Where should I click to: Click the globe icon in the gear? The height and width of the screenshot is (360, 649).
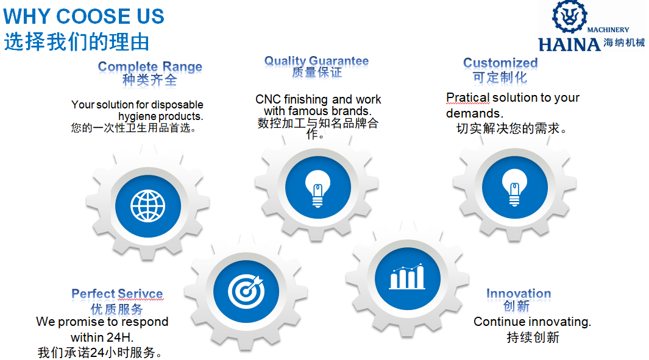point(147,206)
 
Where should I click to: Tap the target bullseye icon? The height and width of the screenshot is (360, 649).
point(246,291)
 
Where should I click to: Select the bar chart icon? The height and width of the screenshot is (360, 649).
point(407,277)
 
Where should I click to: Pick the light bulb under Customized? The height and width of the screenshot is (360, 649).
point(514,188)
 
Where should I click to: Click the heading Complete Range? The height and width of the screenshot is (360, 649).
point(150,66)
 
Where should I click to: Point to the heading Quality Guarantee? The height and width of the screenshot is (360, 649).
point(317,61)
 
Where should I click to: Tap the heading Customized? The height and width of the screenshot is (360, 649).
point(500,63)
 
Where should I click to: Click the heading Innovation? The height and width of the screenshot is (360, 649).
point(519,294)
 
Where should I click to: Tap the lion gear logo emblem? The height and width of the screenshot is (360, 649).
point(570,16)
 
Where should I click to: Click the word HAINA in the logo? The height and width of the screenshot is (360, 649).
point(570,44)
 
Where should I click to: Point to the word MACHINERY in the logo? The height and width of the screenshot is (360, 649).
point(608,30)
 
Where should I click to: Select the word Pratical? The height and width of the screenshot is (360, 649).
point(468,97)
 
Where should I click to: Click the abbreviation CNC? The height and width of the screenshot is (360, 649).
point(268,99)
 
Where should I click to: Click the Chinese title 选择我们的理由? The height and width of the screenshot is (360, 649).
point(77,42)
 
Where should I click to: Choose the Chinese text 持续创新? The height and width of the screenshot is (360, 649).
point(533,337)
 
